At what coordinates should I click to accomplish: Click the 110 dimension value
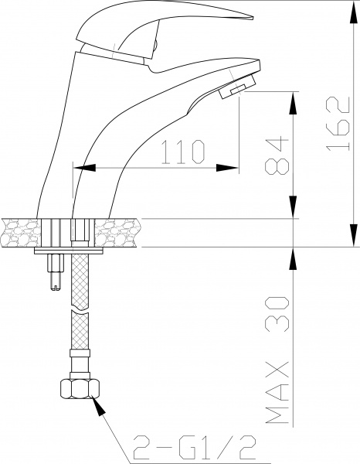(183, 152)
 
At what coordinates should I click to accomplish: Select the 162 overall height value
(338, 124)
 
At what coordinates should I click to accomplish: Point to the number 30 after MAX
(277, 314)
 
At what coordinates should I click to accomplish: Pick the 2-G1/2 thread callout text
(195, 447)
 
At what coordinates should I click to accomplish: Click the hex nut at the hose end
(80, 389)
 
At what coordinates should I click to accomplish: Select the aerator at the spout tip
(236, 87)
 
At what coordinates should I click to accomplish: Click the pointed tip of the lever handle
(253, 18)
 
